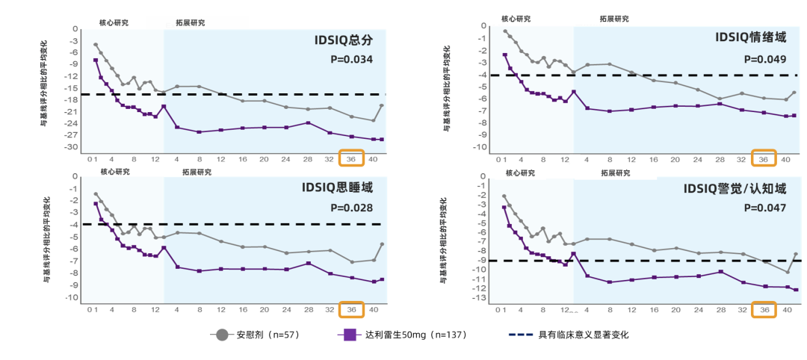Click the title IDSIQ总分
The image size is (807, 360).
pos(343,41)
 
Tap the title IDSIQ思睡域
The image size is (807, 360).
pos(337,188)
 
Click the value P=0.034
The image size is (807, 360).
pos(351,60)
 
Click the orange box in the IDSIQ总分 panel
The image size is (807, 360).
pos(351,158)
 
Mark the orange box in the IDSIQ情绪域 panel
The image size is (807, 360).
pos(764,158)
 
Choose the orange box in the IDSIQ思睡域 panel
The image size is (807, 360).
pos(351,309)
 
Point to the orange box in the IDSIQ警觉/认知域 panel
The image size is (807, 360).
pos(764,309)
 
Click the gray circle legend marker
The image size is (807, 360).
pos(222,335)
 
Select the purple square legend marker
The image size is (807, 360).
pos(350,335)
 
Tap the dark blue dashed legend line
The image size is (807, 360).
pos(521,335)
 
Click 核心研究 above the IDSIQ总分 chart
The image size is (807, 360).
pos(114,22)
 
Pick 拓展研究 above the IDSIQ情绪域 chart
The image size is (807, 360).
pos(614,19)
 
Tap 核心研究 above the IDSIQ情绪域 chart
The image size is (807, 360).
pos(516,18)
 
